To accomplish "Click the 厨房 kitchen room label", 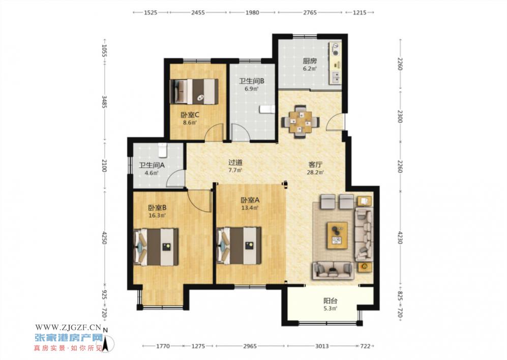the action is click(x=310, y=61).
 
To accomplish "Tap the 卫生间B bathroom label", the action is click(x=251, y=81).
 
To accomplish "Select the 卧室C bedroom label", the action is click(x=190, y=114).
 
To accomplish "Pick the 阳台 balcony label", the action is click(x=331, y=301).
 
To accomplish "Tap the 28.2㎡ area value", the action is click(x=315, y=172).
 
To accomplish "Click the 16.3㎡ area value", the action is click(x=157, y=216).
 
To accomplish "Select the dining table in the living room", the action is click(x=301, y=122).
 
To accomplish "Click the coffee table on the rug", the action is click(x=337, y=235).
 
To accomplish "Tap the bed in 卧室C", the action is click(x=194, y=91).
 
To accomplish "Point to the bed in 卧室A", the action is click(x=238, y=246).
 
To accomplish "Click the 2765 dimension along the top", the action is click(x=310, y=13).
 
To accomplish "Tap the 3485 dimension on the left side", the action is click(x=104, y=102).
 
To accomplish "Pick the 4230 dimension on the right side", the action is click(x=400, y=238).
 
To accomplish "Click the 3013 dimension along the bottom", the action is click(x=322, y=346).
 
